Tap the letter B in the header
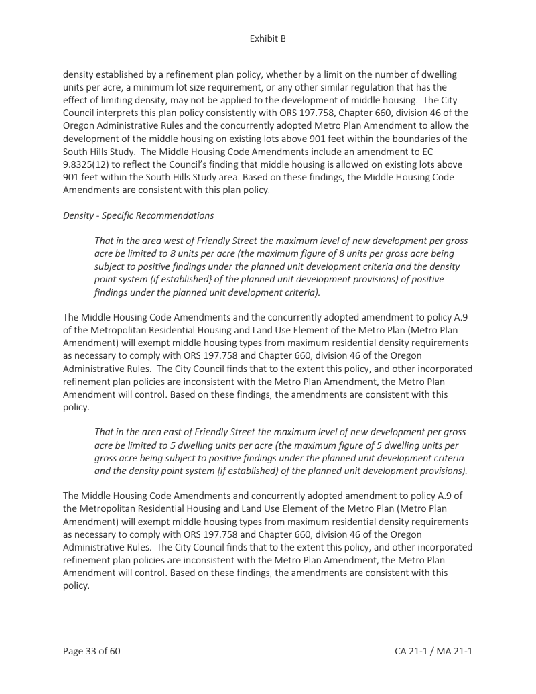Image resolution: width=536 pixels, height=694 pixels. click(283, 39)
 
